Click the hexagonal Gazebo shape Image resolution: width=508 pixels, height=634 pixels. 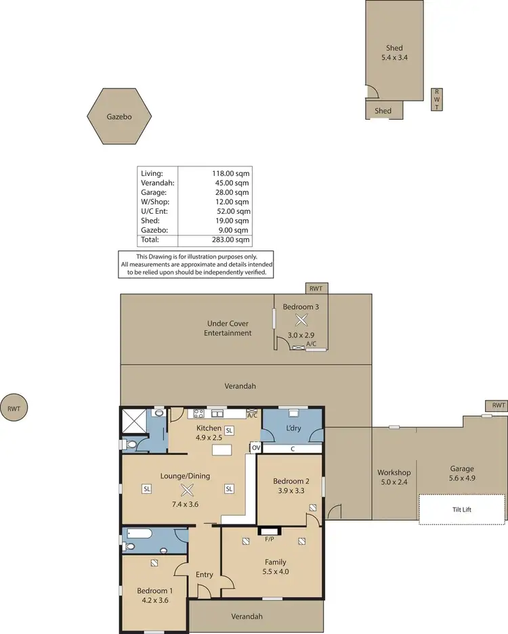(x=119, y=116)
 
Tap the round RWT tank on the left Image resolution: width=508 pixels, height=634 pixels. (x=14, y=408)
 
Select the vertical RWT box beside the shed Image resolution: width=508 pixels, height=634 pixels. (x=437, y=99)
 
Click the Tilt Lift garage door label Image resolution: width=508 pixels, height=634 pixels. (x=462, y=510)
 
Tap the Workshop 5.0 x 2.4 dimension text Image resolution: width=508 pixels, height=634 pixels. (x=394, y=482)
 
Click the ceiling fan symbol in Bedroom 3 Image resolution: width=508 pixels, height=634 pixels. (x=301, y=324)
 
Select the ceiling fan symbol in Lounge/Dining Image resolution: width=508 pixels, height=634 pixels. (x=187, y=491)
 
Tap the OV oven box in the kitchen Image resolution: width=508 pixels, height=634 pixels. (x=255, y=448)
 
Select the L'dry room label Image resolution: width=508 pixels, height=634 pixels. (x=293, y=429)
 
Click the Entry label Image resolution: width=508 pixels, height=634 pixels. (x=204, y=574)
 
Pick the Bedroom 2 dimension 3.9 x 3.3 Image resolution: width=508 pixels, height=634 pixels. (x=290, y=491)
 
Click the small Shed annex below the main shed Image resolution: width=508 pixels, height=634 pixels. (x=384, y=110)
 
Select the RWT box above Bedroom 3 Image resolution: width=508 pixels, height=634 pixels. (x=316, y=289)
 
